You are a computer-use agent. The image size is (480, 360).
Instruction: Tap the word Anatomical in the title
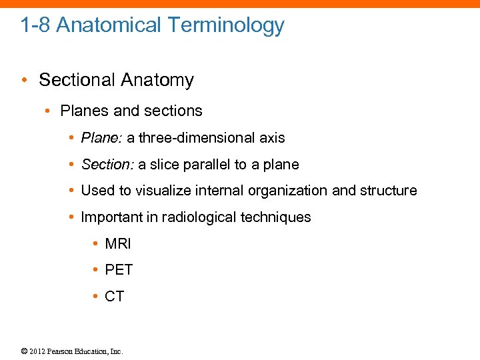pyautogui.click(x=109, y=25)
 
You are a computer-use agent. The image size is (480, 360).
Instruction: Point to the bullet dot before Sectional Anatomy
pyautogui.click(x=25, y=81)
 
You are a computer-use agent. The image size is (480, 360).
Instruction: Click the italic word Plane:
pyautogui.click(x=101, y=138)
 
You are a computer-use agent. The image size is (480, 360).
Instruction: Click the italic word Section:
pyautogui.click(x=107, y=165)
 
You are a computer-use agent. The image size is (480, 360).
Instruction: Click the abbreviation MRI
pyautogui.click(x=118, y=244)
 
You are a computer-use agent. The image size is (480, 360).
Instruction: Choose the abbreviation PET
pyautogui.click(x=119, y=270)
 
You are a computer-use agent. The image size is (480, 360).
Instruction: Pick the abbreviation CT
pyautogui.click(x=115, y=297)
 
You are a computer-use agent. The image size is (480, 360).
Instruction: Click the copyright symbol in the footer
pyautogui.click(x=24, y=351)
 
